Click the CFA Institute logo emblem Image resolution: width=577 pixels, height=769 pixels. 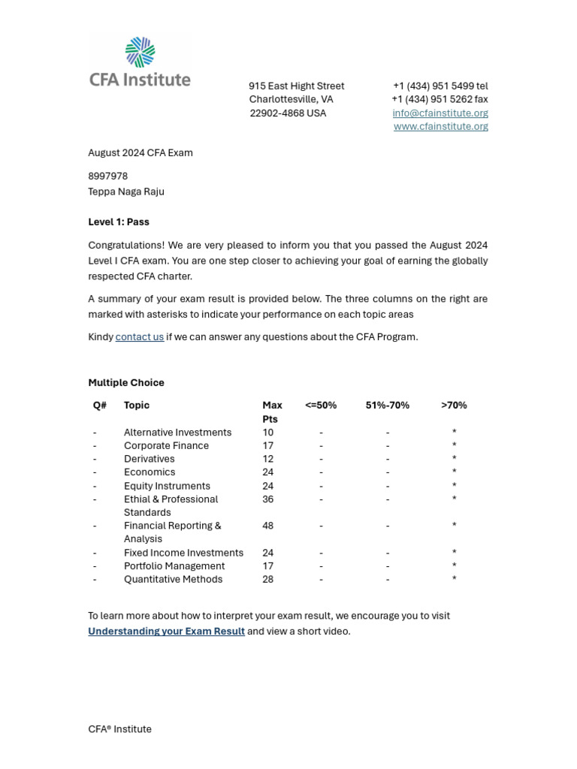pyautogui.click(x=140, y=53)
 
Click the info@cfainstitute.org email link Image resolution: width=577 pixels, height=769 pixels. pyautogui.click(x=440, y=113)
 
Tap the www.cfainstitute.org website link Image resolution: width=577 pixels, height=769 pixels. pyautogui.click(x=440, y=127)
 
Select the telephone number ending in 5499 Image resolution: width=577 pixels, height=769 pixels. pyautogui.click(x=440, y=86)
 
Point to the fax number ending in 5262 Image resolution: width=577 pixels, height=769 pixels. pyautogui.click(x=440, y=100)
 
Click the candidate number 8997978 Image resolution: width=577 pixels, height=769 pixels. pyautogui.click(x=107, y=176)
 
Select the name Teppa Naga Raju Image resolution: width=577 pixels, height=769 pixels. pyautogui.click(x=125, y=192)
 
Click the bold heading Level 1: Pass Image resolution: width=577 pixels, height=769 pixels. pyautogui.click(x=119, y=222)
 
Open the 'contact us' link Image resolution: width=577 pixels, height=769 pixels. pyautogui.click(x=139, y=337)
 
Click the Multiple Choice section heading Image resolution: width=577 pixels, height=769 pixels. pyautogui.click(x=125, y=383)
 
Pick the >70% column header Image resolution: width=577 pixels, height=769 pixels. pyautogui.click(x=454, y=406)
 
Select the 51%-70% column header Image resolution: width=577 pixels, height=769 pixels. pyautogui.click(x=387, y=406)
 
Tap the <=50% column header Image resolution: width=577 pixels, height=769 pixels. pyautogui.click(x=321, y=406)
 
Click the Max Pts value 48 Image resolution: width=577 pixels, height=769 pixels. pyautogui.click(x=267, y=526)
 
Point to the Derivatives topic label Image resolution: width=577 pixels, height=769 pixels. pyautogui.click(x=149, y=460)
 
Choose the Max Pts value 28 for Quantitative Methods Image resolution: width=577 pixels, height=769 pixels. pyautogui.click(x=267, y=580)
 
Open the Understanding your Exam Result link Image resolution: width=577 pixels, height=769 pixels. pyautogui.click(x=166, y=632)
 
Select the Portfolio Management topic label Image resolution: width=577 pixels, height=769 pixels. pyautogui.click(x=174, y=566)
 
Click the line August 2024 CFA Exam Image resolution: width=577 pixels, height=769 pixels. pyautogui.click(x=140, y=153)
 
